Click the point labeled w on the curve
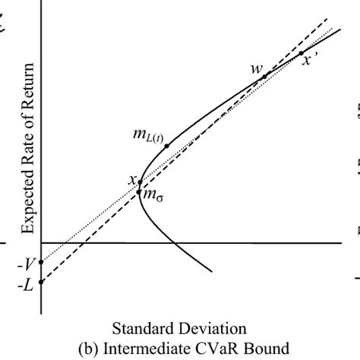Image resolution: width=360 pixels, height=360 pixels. click(264, 76)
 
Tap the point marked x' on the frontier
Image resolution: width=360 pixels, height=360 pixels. click(301, 53)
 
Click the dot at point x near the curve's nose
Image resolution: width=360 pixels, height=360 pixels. click(140, 182)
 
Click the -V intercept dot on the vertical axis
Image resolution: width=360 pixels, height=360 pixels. click(41, 263)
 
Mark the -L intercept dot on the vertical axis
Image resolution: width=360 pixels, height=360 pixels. click(41, 282)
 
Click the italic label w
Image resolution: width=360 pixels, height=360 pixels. click(256, 68)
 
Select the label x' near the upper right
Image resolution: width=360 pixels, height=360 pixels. click(309, 62)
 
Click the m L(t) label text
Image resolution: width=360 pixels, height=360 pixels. click(147, 136)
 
